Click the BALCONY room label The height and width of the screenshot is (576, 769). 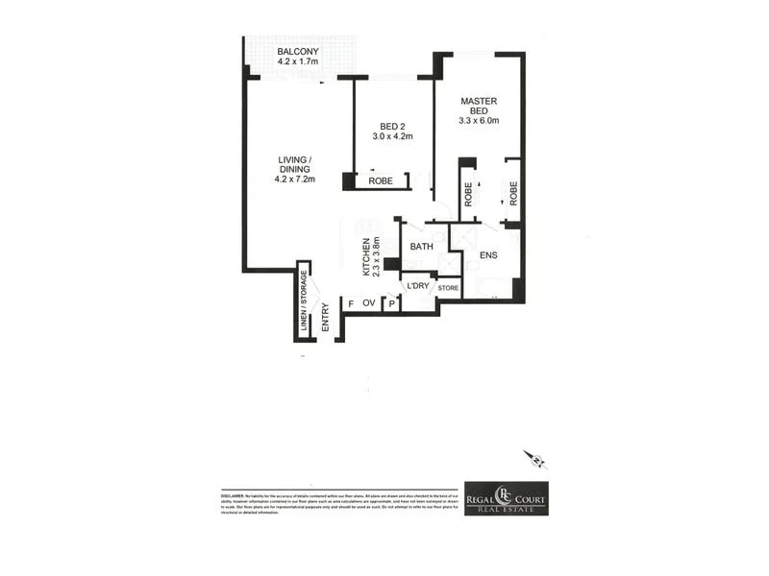[299, 51]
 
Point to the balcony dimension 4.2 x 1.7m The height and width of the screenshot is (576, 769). [299, 63]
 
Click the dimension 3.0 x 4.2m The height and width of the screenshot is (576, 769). [392, 136]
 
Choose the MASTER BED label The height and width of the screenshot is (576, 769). [479, 107]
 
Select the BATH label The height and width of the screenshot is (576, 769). [422, 247]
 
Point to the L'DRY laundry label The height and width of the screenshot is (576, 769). [417, 286]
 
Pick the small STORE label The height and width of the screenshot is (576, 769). [448, 287]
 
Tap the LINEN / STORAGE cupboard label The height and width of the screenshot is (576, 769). [304, 300]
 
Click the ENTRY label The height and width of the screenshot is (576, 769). [326, 318]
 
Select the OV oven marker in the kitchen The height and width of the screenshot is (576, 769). [367, 304]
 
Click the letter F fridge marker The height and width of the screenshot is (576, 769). [350, 304]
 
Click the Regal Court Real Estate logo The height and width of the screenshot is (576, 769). [506, 497]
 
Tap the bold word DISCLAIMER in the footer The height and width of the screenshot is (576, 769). [235, 493]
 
